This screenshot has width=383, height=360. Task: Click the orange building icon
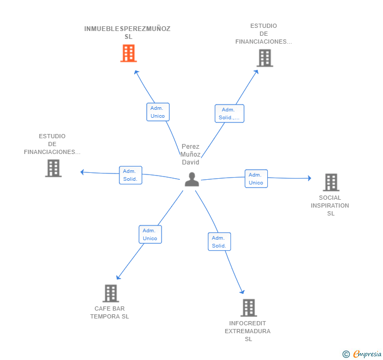tap(128, 53)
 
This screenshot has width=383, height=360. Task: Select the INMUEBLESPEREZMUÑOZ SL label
tap(127, 33)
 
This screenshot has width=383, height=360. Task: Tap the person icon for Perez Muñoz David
tap(191, 179)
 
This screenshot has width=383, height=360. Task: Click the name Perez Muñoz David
tap(190, 155)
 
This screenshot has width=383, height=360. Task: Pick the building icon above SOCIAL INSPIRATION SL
tap(331, 182)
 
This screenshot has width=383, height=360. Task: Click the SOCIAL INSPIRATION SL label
tap(330, 205)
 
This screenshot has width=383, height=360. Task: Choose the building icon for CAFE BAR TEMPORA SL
tap(110, 293)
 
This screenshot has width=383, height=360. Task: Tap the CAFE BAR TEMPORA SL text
tap(109, 312)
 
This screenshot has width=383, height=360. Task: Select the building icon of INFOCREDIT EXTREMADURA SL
tap(249, 308)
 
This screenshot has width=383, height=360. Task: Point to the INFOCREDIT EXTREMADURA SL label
tap(248, 331)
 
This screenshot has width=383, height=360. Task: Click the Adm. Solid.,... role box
tap(229, 114)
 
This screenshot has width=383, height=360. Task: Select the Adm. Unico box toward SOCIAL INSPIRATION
tap(256, 179)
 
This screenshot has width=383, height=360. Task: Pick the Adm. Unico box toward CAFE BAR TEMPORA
tap(150, 234)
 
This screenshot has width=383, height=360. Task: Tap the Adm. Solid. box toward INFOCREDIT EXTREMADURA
tap(219, 242)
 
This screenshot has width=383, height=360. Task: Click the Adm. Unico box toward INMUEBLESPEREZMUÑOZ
tap(158, 112)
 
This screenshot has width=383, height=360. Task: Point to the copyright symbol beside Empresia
tap(346, 354)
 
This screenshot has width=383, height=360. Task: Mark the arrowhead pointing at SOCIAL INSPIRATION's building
tap(309, 178)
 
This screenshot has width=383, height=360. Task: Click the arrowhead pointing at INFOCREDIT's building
tap(243, 292)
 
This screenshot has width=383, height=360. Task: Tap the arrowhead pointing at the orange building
tap(136, 72)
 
